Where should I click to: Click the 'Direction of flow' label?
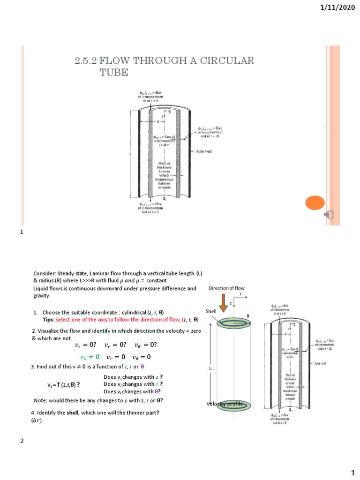pyautogui.click(x=226, y=288)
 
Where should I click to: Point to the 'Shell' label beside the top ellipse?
pyautogui.click(x=211, y=311)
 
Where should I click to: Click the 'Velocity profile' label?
pyautogui.click(x=225, y=404)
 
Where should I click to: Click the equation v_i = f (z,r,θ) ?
pyautogui.click(x=63, y=385)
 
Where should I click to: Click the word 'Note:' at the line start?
pyautogui.click(x=41, y=401)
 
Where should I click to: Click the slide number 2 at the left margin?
pyautogui.click(x=21, y=441)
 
